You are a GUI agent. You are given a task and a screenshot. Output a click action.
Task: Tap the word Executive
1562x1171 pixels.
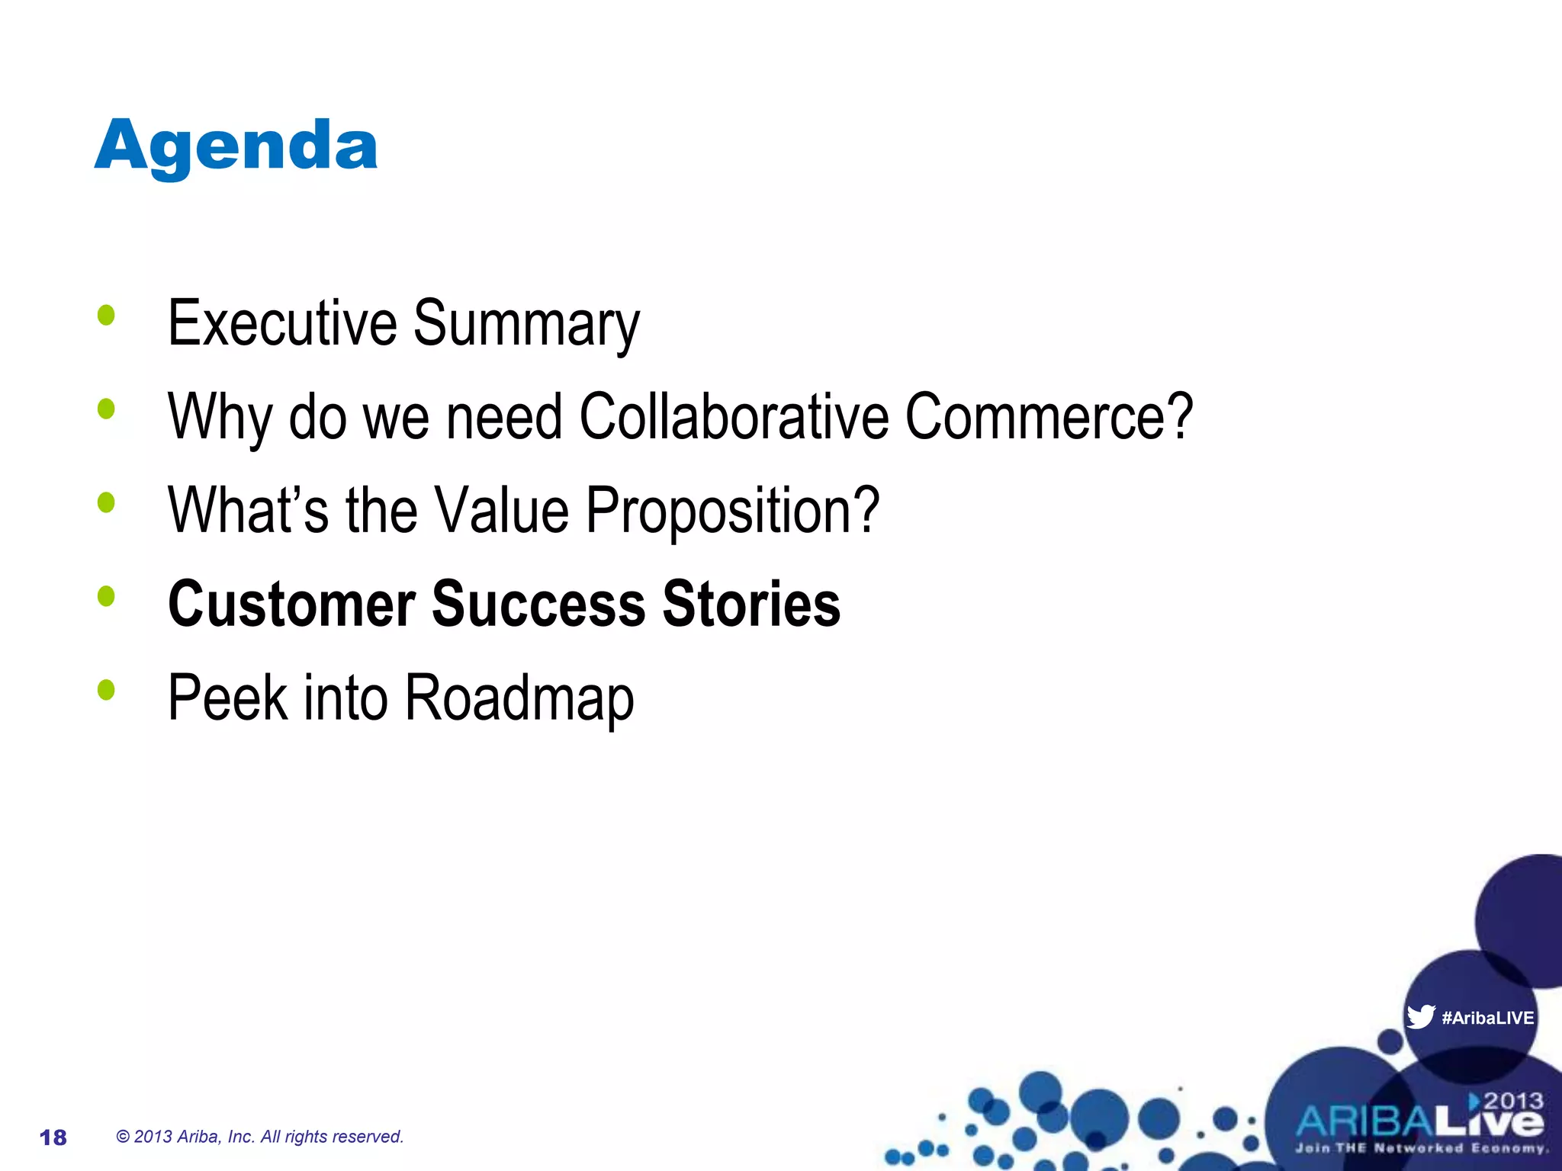(x=281, y=323)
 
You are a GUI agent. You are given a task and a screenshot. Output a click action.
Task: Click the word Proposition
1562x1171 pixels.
(x=732, y=511)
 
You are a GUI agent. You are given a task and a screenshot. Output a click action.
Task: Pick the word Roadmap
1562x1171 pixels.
(x=519, y=698)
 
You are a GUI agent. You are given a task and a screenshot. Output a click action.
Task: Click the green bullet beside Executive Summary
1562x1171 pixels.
(x=106, y=315)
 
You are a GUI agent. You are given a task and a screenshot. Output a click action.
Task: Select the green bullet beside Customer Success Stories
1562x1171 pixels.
(x=106, y=596)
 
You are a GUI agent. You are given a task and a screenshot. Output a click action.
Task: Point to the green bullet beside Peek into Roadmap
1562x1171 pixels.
(x=106, y=690)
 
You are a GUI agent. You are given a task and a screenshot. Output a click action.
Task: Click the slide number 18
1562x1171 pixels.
(x=53, y=1137)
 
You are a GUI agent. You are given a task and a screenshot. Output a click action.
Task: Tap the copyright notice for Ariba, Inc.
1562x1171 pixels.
(x=259, y=1137)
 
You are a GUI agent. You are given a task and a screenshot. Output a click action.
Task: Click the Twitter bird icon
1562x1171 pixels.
(x=1420, y=1016)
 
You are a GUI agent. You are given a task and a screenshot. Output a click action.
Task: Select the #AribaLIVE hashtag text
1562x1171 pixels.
(x=1487, y=1018)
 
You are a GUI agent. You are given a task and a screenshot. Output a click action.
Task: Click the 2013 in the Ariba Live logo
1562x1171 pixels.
(x=1512, y=1101)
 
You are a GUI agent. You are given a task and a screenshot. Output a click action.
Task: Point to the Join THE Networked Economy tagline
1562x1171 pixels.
(x=1420, y=1148)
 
